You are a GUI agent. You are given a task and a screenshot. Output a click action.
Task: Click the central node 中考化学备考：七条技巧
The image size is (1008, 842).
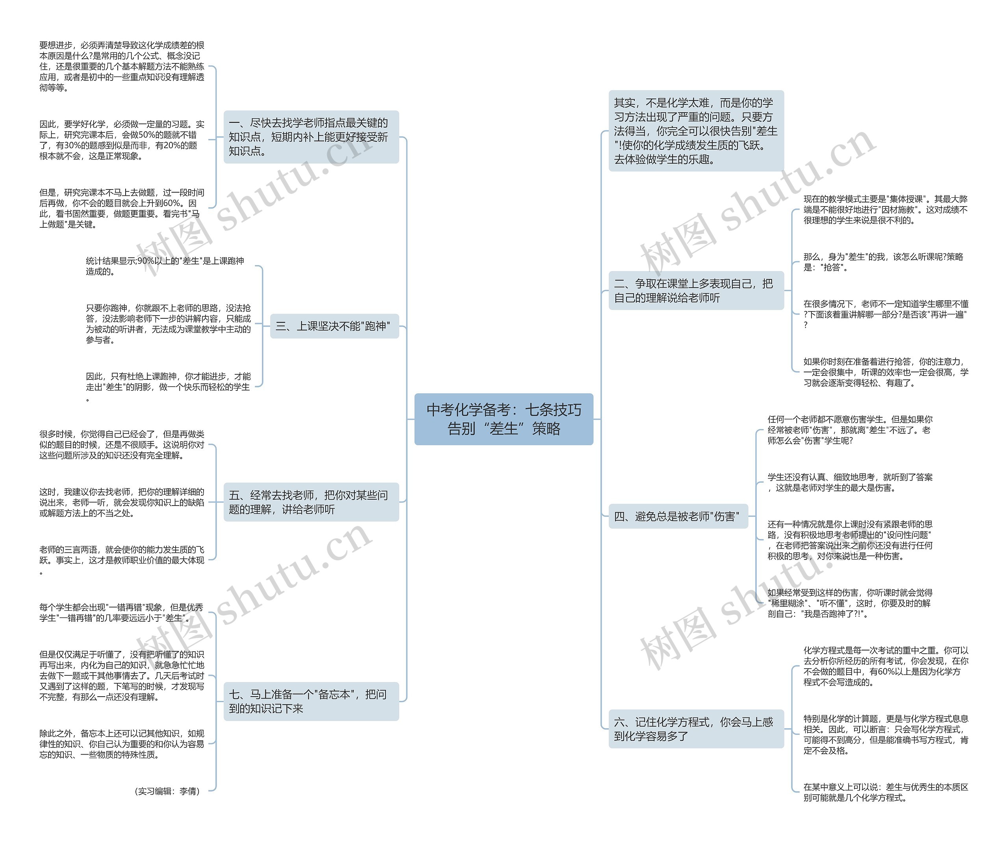point(504,419)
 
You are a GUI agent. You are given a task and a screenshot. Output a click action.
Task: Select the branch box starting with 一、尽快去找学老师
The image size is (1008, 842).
point(311,137)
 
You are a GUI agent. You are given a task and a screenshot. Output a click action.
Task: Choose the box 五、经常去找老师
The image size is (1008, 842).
point(311,502)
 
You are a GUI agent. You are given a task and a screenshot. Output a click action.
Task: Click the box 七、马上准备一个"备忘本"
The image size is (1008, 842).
point(311,701)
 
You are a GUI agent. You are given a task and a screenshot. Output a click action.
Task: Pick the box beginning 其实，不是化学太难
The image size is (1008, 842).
point(696,131)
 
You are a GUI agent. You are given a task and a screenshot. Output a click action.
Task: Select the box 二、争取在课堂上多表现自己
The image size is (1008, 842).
point(696,291)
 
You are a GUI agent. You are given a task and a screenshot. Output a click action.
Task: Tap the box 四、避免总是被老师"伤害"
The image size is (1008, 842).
point(678,516)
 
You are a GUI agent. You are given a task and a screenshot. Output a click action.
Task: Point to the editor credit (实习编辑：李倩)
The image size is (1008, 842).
point(167,791)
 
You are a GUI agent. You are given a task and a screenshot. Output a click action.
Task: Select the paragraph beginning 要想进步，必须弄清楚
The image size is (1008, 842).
point(122,66)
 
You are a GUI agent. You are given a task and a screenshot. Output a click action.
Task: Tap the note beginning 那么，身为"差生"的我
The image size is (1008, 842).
point(883,262)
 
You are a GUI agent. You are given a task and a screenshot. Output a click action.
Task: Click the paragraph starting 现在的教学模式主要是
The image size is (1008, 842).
point(886,210)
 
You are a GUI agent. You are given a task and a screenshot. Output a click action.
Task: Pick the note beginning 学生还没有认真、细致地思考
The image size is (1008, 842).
point(850,482)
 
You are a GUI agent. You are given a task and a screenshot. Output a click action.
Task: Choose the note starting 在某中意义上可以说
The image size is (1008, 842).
point(886,792)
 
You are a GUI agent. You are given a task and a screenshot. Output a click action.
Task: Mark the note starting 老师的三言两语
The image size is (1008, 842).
point(122,559)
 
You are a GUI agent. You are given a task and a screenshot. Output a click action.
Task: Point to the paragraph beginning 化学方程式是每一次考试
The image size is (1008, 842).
point(886,666)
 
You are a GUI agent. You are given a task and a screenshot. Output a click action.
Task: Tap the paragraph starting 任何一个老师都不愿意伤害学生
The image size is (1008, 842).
point(850,430)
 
